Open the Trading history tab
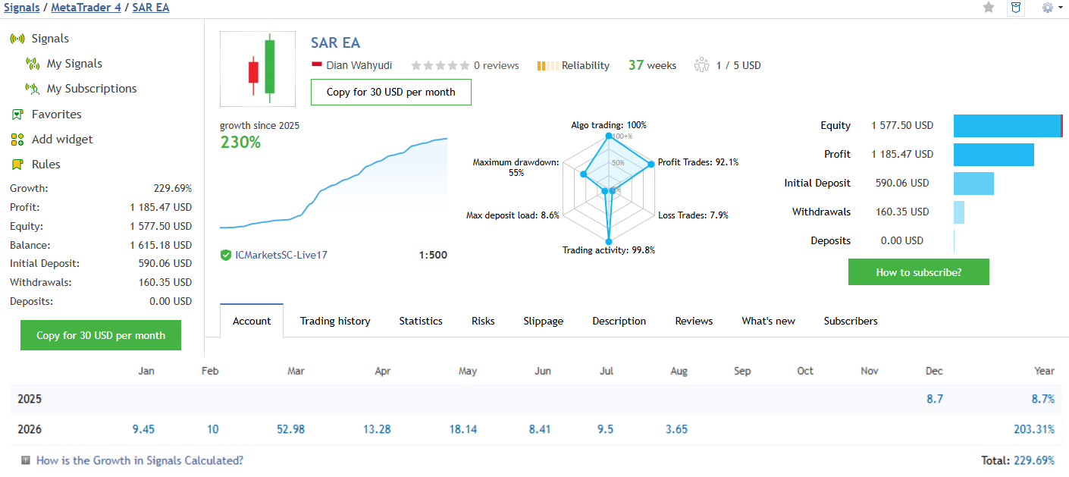click(x=335, y=321)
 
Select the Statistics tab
click(x=421, y=321)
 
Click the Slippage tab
click(x=543, y=321)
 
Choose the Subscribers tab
click(x=851, y=321)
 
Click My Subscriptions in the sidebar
click(x=92, y=89)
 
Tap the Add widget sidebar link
click(x=62, y=140)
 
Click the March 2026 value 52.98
click(x=290, y=429)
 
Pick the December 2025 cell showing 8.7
click(x=934, y=399)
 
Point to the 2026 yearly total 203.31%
click(x=1034, y=429)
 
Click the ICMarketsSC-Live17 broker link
click(x=281, y=255)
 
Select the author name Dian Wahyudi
click(x=359, y=65)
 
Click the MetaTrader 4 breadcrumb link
click(x=86, y=8)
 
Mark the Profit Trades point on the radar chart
click(x=651, y=165)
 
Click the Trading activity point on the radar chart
click(x=609, y=242)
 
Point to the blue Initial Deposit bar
click(x=973, y=184)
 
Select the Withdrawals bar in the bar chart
click(x=959, y=212)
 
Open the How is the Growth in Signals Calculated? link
click(x=140, y=460)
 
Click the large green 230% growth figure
click(x=240, y=143)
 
